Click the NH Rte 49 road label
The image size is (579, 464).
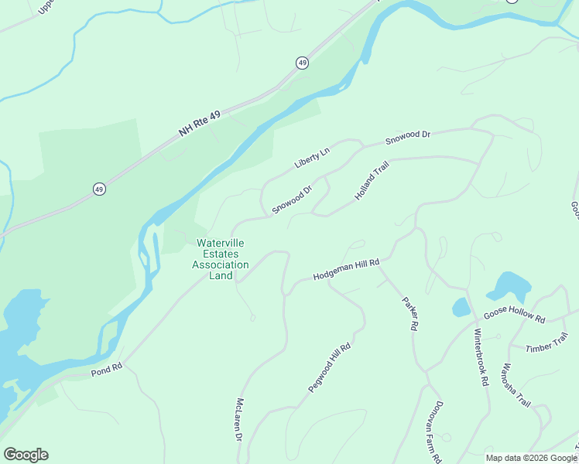point(200,124)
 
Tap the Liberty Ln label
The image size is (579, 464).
point(312,158)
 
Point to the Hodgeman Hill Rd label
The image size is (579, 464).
point(346,270)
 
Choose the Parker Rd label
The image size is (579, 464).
point(409,314)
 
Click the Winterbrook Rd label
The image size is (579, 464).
point(481,359)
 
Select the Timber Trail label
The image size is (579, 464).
point(546,343)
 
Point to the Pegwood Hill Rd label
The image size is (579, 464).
point(330,368)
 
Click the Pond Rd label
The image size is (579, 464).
point(107,368)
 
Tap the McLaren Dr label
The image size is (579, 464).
point(239,420)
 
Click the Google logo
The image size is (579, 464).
point(26,455)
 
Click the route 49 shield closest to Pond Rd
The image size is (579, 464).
point(99,189)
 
